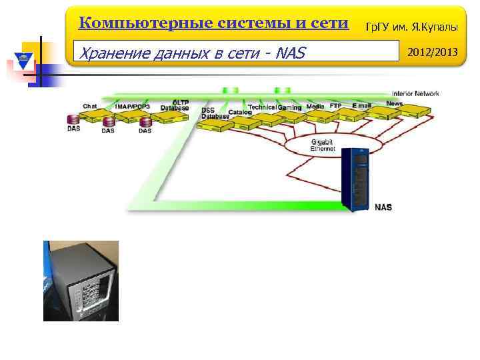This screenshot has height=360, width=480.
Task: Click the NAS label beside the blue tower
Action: pyautogui.click(x=383, y=207)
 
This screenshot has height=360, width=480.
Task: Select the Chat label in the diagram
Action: pyautogui.click(x=90, y=106)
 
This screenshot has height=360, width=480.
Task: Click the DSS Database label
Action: pyautogui.click(x=215, y=113)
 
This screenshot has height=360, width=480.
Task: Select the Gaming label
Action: pyautogui.click(x=289, y=107)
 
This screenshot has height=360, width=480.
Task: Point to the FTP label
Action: pyautogui.click(x=335, y=106)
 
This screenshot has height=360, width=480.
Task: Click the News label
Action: pyautogui.click(x=394, y=103)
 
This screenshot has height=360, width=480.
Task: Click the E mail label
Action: pyautogui.click(x=362, y=106)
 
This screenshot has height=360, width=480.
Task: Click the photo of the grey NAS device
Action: pyautogui.click(x=81, y=281)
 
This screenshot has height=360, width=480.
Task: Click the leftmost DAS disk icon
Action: pyautogui.click(x=73, y=121)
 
